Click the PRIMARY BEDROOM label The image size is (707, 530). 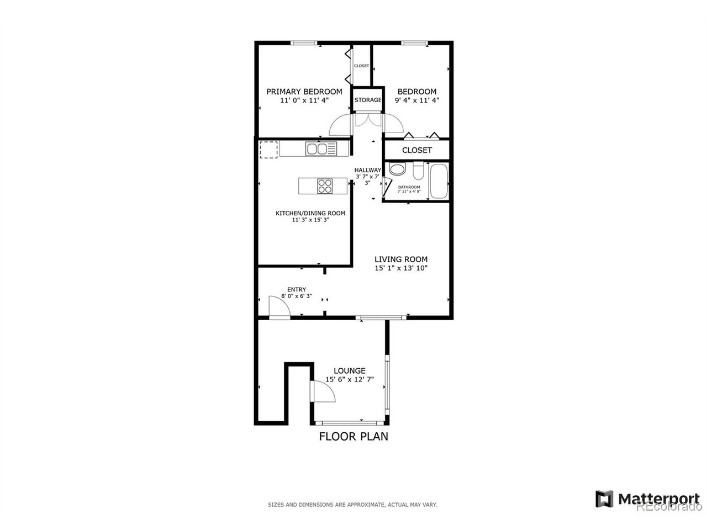point(304,92)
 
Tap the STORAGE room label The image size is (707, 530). point(367,100)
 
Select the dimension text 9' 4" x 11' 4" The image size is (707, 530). point(416,100)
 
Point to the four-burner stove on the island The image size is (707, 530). point(324,186)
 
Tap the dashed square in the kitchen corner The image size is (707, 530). point(268,150)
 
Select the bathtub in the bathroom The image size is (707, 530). point(439,181)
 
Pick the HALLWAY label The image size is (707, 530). point(367,170)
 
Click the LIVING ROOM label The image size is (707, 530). point(400,259)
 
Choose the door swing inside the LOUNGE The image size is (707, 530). point(324,391)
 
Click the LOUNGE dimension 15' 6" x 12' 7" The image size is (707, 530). point(349,379)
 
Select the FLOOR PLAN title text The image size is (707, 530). point(353,437)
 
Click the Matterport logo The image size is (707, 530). point(647,499)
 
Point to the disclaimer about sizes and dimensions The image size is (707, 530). point(352,505)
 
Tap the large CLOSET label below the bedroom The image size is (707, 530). point(416,150)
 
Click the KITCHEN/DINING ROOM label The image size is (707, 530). point(310,213)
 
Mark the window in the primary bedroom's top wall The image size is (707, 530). point(304,43)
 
